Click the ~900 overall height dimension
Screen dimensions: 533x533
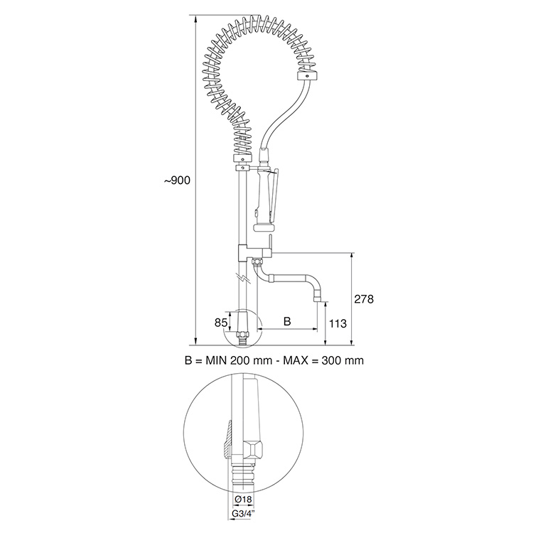pos(177,181)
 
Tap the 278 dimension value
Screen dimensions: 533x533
pos(363,299)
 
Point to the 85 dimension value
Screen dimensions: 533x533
pos(221,323)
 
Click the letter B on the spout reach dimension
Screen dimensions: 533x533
pos(286,321)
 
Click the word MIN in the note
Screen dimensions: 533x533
pos(219,360)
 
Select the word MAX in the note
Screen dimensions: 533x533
pos(297,360)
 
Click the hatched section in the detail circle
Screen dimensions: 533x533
pos(227,439)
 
